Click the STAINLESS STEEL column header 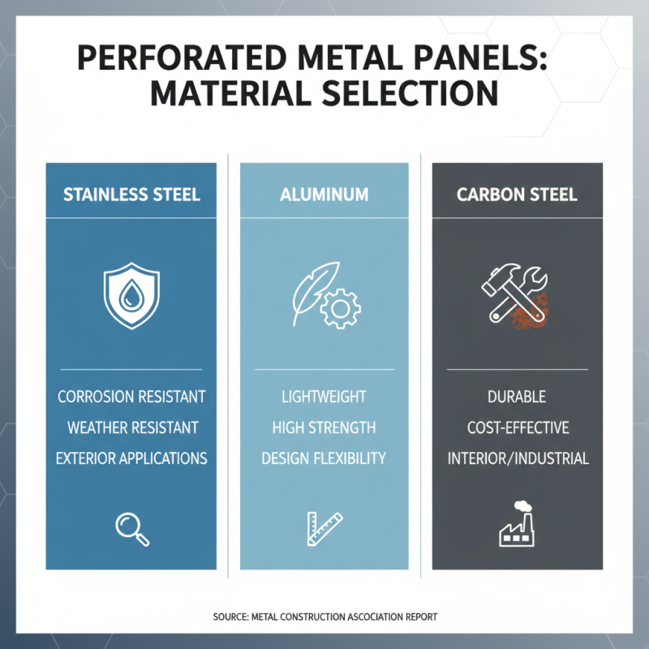pyautogui.click(x=131, y=195)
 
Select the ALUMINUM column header pyautogui.click(x=324, y=195)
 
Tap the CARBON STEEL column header pyautogui.click(x=517, y=195)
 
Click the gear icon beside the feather pyautogui.click(x=337, y=310)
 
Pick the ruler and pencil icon pyautogui.click(x=324, y=528)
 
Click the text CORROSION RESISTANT pyautogui.click(x=131, y=398)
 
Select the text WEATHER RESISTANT pyautogui.click(x=131, y=428)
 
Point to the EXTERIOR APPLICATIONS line pyautogui.click(x=131, y=458)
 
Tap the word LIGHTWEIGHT pyautogui.click(x=324, y=398)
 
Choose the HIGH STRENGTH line pyautogui.click(x=324, y=428)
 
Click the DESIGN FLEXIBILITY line pyautogui.click(x=324, y=458)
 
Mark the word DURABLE pyautogui.click(x=517, y=398)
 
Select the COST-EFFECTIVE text pyautogui.click(x=517, y=428)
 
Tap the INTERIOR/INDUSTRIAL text pyautogui.click(x=517, y=458)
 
